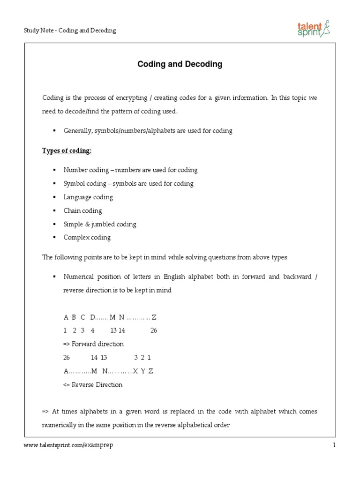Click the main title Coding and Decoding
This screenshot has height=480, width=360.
(x=180, y=65)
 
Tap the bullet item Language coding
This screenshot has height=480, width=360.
(x=88, y=197)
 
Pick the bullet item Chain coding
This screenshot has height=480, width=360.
(x=82, y=211)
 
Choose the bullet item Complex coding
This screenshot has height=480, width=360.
(x=87, y=238)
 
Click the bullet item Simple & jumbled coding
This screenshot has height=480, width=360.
(x=100, y=224)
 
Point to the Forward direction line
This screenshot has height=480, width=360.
(x=93, y=344)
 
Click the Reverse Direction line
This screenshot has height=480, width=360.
(x=93, y=385)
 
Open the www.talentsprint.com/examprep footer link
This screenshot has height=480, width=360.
(x=68, y=446)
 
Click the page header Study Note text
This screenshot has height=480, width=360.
(x=70, y=30)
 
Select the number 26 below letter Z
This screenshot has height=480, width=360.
(x=154, y=330)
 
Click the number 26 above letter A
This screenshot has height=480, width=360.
(x=67, y=357)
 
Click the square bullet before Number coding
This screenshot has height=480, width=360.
(x=54, y=170)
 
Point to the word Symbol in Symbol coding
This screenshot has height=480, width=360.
(x=73, y=184)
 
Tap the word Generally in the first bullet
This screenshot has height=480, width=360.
(x=78, y=131)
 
